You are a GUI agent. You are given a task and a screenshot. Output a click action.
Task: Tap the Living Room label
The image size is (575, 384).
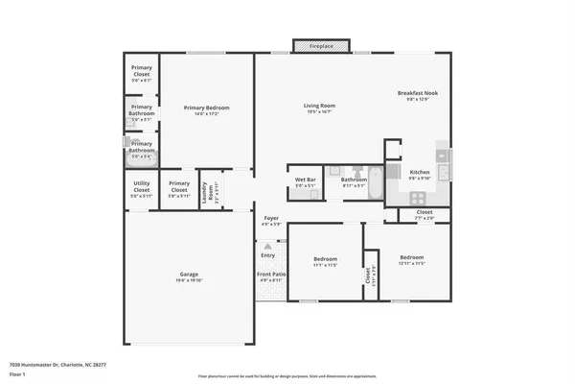pos(319,106)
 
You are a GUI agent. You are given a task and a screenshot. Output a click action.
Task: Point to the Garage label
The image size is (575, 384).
pos(188,275)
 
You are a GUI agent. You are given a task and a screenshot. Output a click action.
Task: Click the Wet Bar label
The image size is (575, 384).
pos(306,180)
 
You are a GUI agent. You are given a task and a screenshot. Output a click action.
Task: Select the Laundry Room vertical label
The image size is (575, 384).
pos(203,189)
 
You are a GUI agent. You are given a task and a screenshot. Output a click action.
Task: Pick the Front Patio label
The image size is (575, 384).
pos(270,276)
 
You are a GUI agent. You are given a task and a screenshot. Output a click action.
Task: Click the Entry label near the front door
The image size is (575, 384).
pos(267,255)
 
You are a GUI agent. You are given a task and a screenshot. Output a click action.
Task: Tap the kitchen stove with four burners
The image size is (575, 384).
pos(419,197)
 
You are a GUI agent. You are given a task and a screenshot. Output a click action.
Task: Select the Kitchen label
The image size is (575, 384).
pos(420,172)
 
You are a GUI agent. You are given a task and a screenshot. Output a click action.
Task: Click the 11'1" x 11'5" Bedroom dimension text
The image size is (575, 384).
pos(325,265)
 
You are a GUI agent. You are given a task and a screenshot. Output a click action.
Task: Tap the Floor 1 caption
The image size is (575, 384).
pos(17,374)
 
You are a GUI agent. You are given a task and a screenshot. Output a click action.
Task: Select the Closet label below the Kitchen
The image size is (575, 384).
pos(424,212)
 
